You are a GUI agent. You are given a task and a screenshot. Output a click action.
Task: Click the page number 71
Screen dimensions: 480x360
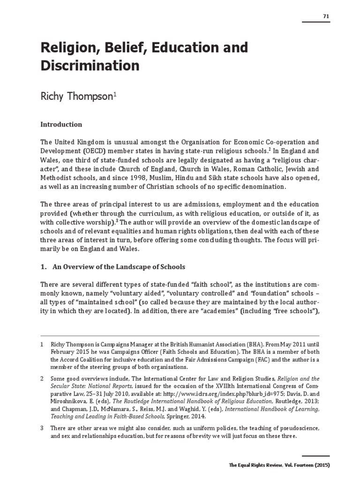[326, 16]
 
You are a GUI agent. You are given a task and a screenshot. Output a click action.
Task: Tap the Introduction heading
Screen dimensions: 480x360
[61, 125]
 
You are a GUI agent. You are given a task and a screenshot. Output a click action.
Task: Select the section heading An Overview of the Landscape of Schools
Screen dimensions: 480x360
[119, 267]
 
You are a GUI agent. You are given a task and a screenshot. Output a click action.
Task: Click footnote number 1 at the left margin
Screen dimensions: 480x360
[42, 345]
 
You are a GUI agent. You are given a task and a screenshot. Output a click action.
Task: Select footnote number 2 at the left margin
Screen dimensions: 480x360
[42, 378]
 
